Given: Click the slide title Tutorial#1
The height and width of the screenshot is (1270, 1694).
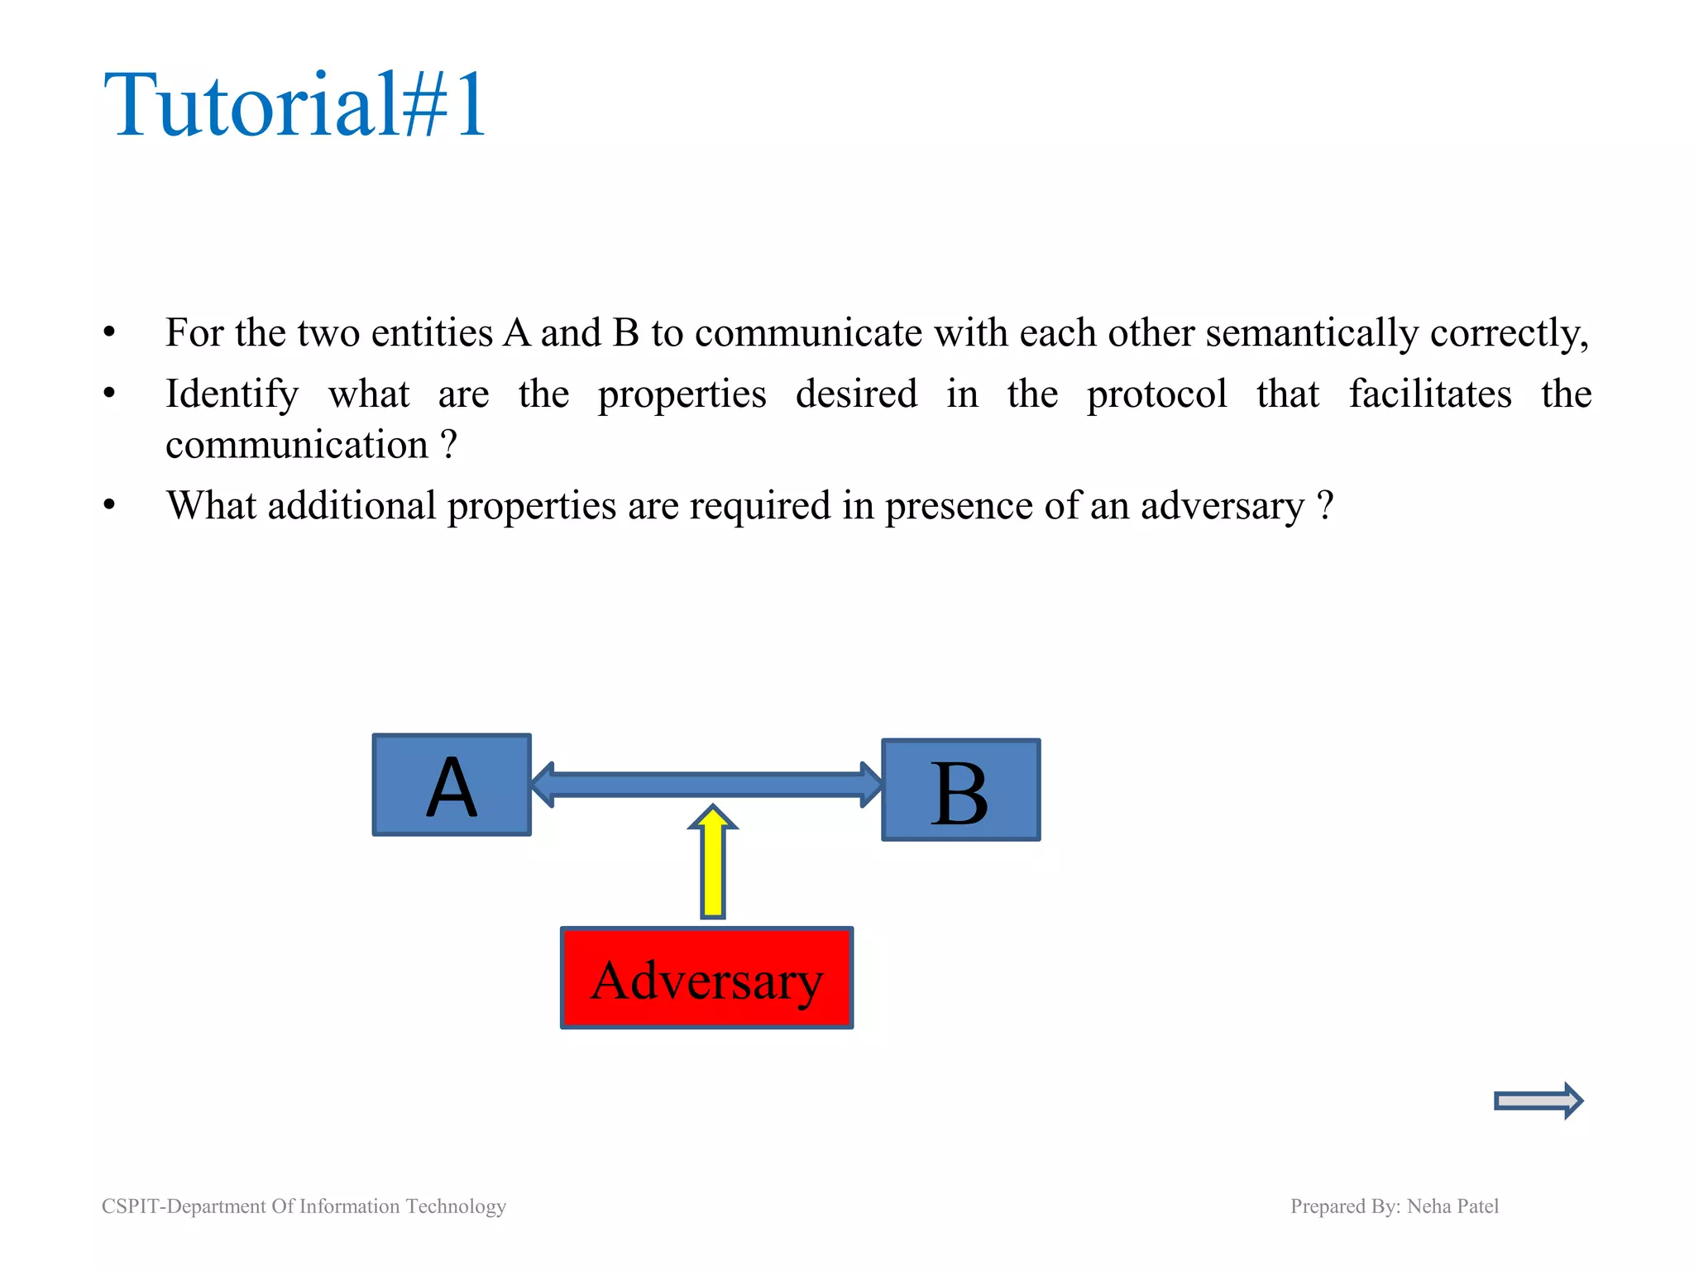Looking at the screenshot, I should click(295, 105).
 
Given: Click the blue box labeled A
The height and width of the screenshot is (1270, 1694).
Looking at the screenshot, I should click(452, 785).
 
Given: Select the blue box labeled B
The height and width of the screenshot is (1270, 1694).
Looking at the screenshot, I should click(960, 790).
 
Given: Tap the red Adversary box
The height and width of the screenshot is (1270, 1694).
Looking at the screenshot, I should click(706, 978).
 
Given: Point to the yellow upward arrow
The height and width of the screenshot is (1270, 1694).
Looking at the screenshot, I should click(713, 864).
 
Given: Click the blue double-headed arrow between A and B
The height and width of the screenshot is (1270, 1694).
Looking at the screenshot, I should click(707, 785).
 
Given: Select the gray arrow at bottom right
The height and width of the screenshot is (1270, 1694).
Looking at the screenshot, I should click(1538, 1101).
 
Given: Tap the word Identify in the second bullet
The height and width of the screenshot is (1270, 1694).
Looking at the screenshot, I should click(232, 394).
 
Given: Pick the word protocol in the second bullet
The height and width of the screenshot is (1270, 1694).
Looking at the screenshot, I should click(1156, 394).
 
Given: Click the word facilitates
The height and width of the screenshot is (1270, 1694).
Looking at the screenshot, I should click(1430, 394).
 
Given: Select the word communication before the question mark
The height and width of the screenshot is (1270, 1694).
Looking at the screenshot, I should click(297, 446).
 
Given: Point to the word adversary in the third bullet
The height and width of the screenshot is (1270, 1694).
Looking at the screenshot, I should click(1222, 506).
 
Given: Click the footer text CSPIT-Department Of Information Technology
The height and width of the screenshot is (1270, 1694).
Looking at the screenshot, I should click(304, 1206).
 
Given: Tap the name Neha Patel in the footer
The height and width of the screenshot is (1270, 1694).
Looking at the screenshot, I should click(1452, 1206).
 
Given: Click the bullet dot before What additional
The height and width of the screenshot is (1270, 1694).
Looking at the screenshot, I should click(109, 505).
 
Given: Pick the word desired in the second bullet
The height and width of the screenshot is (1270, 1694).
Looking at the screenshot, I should click(856, 394).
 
